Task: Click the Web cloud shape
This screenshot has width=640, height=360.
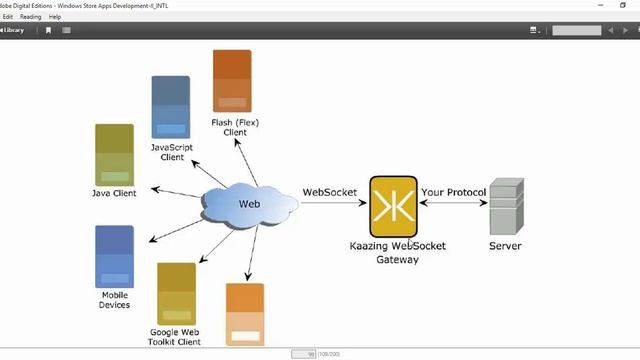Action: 249,205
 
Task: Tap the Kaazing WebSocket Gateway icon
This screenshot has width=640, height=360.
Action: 393,207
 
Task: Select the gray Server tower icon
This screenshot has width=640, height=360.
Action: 506,206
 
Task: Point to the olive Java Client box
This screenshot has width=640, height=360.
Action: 114,154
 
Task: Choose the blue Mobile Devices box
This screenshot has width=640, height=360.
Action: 114,257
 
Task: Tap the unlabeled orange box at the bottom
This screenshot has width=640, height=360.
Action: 245,314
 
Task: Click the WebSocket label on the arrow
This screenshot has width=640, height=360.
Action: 329,191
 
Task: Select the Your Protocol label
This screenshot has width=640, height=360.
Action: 453,191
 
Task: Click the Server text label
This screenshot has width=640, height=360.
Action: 505,246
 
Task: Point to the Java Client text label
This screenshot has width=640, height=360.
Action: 114,193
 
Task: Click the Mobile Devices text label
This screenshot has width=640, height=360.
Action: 114,299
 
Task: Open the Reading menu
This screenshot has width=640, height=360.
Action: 30,17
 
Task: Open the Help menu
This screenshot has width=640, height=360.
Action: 55,17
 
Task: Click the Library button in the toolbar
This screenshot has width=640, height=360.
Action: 13,30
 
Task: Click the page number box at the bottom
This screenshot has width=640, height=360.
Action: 303,354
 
